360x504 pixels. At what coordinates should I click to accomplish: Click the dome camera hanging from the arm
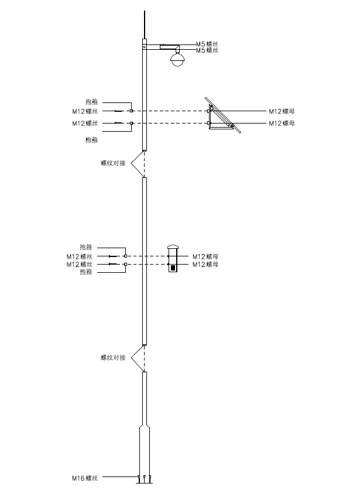click(x=177, y=59)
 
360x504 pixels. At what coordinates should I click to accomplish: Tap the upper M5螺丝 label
click(x=207, y=44)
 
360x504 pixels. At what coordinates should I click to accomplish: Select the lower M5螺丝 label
click(x=207, y=50)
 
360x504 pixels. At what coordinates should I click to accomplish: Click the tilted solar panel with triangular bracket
click(x=223, y=115)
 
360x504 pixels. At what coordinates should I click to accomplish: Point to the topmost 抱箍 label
click(x=91, y=102)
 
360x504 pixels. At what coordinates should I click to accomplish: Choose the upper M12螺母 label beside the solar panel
click(x=282, y=112)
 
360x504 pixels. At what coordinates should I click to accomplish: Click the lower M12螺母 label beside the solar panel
click(x=282, y=124)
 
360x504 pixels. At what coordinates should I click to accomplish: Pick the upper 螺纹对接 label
click(x=113, y=163)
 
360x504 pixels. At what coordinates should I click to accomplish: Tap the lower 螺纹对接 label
click(x=113, y=358)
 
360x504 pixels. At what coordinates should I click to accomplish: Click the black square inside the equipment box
click(x=173, y=268)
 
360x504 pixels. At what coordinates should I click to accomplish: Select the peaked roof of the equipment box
click(x=173, y=246)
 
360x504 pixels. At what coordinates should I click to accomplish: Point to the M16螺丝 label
click(x=85, y=478)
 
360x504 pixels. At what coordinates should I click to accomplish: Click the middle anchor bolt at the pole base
click(x=145, y=479)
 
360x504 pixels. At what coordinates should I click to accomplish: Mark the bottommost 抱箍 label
click(x=86, y=272)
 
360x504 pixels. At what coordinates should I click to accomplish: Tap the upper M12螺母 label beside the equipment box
click(x=205, y=256)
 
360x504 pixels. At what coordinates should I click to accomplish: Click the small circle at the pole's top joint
click(x=145, y=47)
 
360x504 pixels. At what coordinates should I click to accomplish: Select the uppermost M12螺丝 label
click(x=85, y=112)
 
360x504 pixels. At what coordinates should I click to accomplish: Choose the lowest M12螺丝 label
click(x=80, y=264)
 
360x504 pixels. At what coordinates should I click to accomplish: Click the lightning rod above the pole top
click(x=145, y=25)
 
